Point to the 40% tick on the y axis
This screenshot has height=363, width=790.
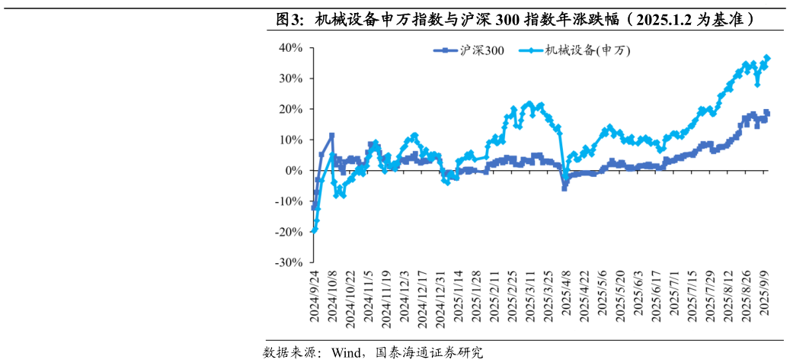coord(290,48)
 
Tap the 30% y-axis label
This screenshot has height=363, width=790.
coord(290,79)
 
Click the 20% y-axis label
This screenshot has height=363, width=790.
coord(290,109)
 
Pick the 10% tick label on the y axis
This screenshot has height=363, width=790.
coord(290,140)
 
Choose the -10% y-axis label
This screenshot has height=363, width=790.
coord(289,201)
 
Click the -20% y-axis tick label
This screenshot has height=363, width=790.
coord(289,232)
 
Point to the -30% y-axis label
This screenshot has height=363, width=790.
coord(289,262)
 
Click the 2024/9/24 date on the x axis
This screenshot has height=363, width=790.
coord(314,297)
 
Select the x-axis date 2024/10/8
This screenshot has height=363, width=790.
coord(332,297)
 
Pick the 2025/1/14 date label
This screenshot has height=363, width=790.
coord(459,297)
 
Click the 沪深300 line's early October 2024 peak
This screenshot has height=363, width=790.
coord(332,136)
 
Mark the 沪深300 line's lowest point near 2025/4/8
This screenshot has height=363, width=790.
coord(565,188)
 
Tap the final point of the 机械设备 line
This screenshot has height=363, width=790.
coord(767,58)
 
